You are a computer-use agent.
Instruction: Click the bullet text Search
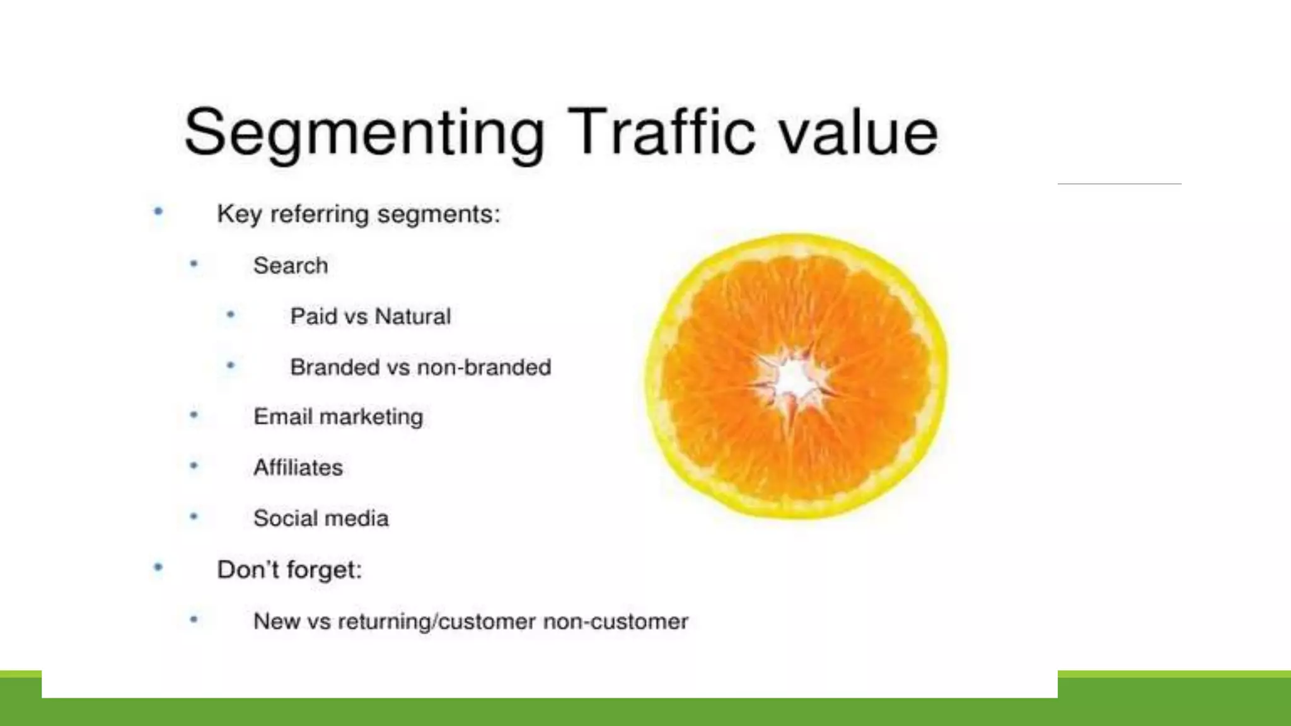(291, 265)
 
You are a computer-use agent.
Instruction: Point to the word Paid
(313, 316)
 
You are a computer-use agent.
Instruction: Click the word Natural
(413, 316)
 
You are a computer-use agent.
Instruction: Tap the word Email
(282, 417)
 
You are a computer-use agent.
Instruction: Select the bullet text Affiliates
(298, 468)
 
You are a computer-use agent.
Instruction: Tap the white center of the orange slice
(794, 380)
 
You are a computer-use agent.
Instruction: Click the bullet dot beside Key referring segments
(158, 212)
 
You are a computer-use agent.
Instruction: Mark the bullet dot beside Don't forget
(158, 568)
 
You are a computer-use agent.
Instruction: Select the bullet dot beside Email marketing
(194, 415)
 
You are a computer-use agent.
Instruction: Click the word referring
(319, 214)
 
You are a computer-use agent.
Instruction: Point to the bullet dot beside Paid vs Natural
(231, 314)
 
